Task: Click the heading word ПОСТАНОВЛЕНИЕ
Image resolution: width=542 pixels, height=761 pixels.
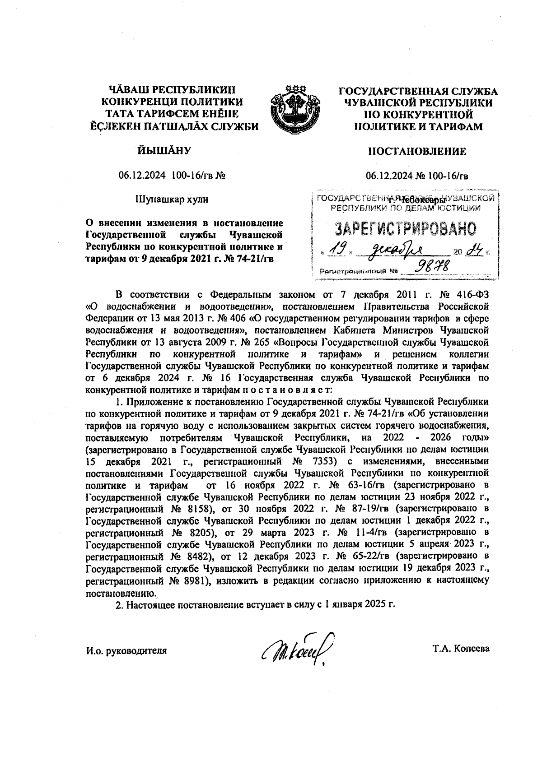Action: click(417, 152)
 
